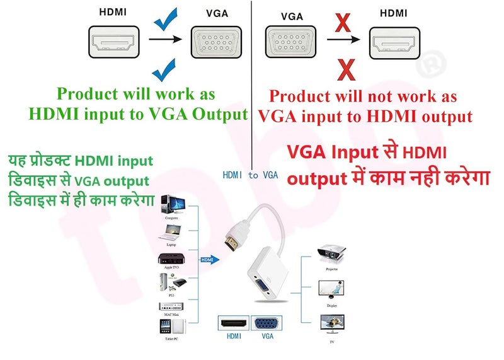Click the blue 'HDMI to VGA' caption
[x=250, y=175]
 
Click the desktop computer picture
[x=173, y=205]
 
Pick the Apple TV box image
[x=173, y=260]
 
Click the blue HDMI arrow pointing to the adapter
[x=209, y=259]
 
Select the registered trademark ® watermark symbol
[x=435, y=63]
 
